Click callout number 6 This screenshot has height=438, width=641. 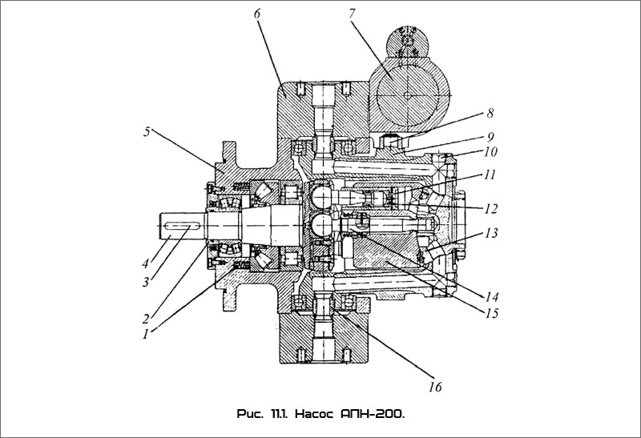tap(256, 14)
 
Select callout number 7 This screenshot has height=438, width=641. tap(353, 14)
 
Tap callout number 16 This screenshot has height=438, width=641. tap(436, 387)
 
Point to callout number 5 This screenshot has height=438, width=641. tap(147, 132)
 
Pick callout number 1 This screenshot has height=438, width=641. tap(145, 334)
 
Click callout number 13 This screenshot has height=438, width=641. tap(492, 233)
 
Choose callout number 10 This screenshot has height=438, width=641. tap(490, 151)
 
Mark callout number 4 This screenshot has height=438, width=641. tap(145, 263)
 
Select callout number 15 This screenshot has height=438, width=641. tap(492, 313)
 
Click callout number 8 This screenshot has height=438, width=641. tap(490, 113)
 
